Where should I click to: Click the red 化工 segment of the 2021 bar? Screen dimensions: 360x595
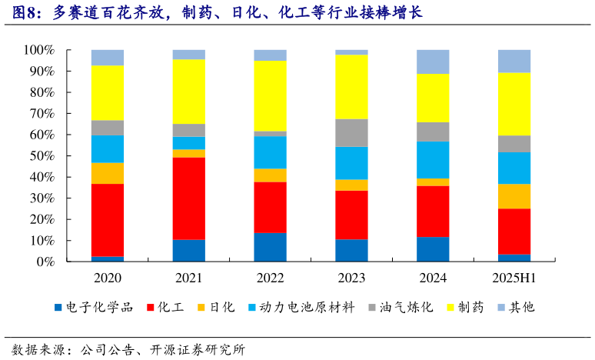click(x=188, y=198)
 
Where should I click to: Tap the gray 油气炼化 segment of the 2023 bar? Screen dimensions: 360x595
click(x=351, y=132)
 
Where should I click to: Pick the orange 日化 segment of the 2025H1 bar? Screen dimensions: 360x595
click(x=514, y=196)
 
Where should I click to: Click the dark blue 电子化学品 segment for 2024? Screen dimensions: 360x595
click(x=433, y=249)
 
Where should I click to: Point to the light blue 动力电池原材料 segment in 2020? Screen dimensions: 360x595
click(x=108, y=148)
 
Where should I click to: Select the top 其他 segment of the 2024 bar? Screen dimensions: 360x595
click(x=433, y=62)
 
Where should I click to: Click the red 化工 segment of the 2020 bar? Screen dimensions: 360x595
click(x=108, y=220)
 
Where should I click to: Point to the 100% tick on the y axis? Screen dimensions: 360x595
click(x=38, y=50)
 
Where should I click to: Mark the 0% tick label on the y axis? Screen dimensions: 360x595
click(x=45, y=262)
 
